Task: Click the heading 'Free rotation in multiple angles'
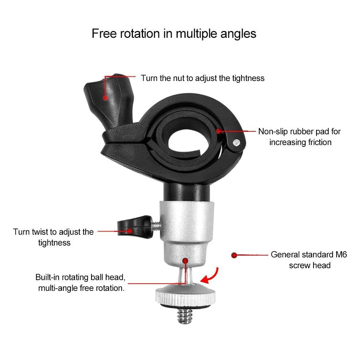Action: (x=174, y=34)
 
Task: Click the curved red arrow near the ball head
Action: (x=213, y=276)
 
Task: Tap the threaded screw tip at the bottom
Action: (x=185, y=316)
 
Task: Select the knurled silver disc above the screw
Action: (x=185, y=296)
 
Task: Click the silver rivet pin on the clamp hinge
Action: (x=237, y=143)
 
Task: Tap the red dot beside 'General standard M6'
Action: (x=234, y=255)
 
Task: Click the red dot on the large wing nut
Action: (x=105, y=98)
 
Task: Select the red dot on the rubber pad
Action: (x=219, y=131)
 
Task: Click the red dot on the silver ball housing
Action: (x=185, y=261)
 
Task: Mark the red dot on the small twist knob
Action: (x=130, y=231)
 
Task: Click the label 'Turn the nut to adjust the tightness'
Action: (x=202, y=78)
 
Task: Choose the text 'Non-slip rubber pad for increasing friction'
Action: (x=300, y=137)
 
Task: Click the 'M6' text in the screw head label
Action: (x=341, y=255)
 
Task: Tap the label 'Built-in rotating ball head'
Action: (x=80, y=277)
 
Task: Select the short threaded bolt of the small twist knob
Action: (x=156, y=225)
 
